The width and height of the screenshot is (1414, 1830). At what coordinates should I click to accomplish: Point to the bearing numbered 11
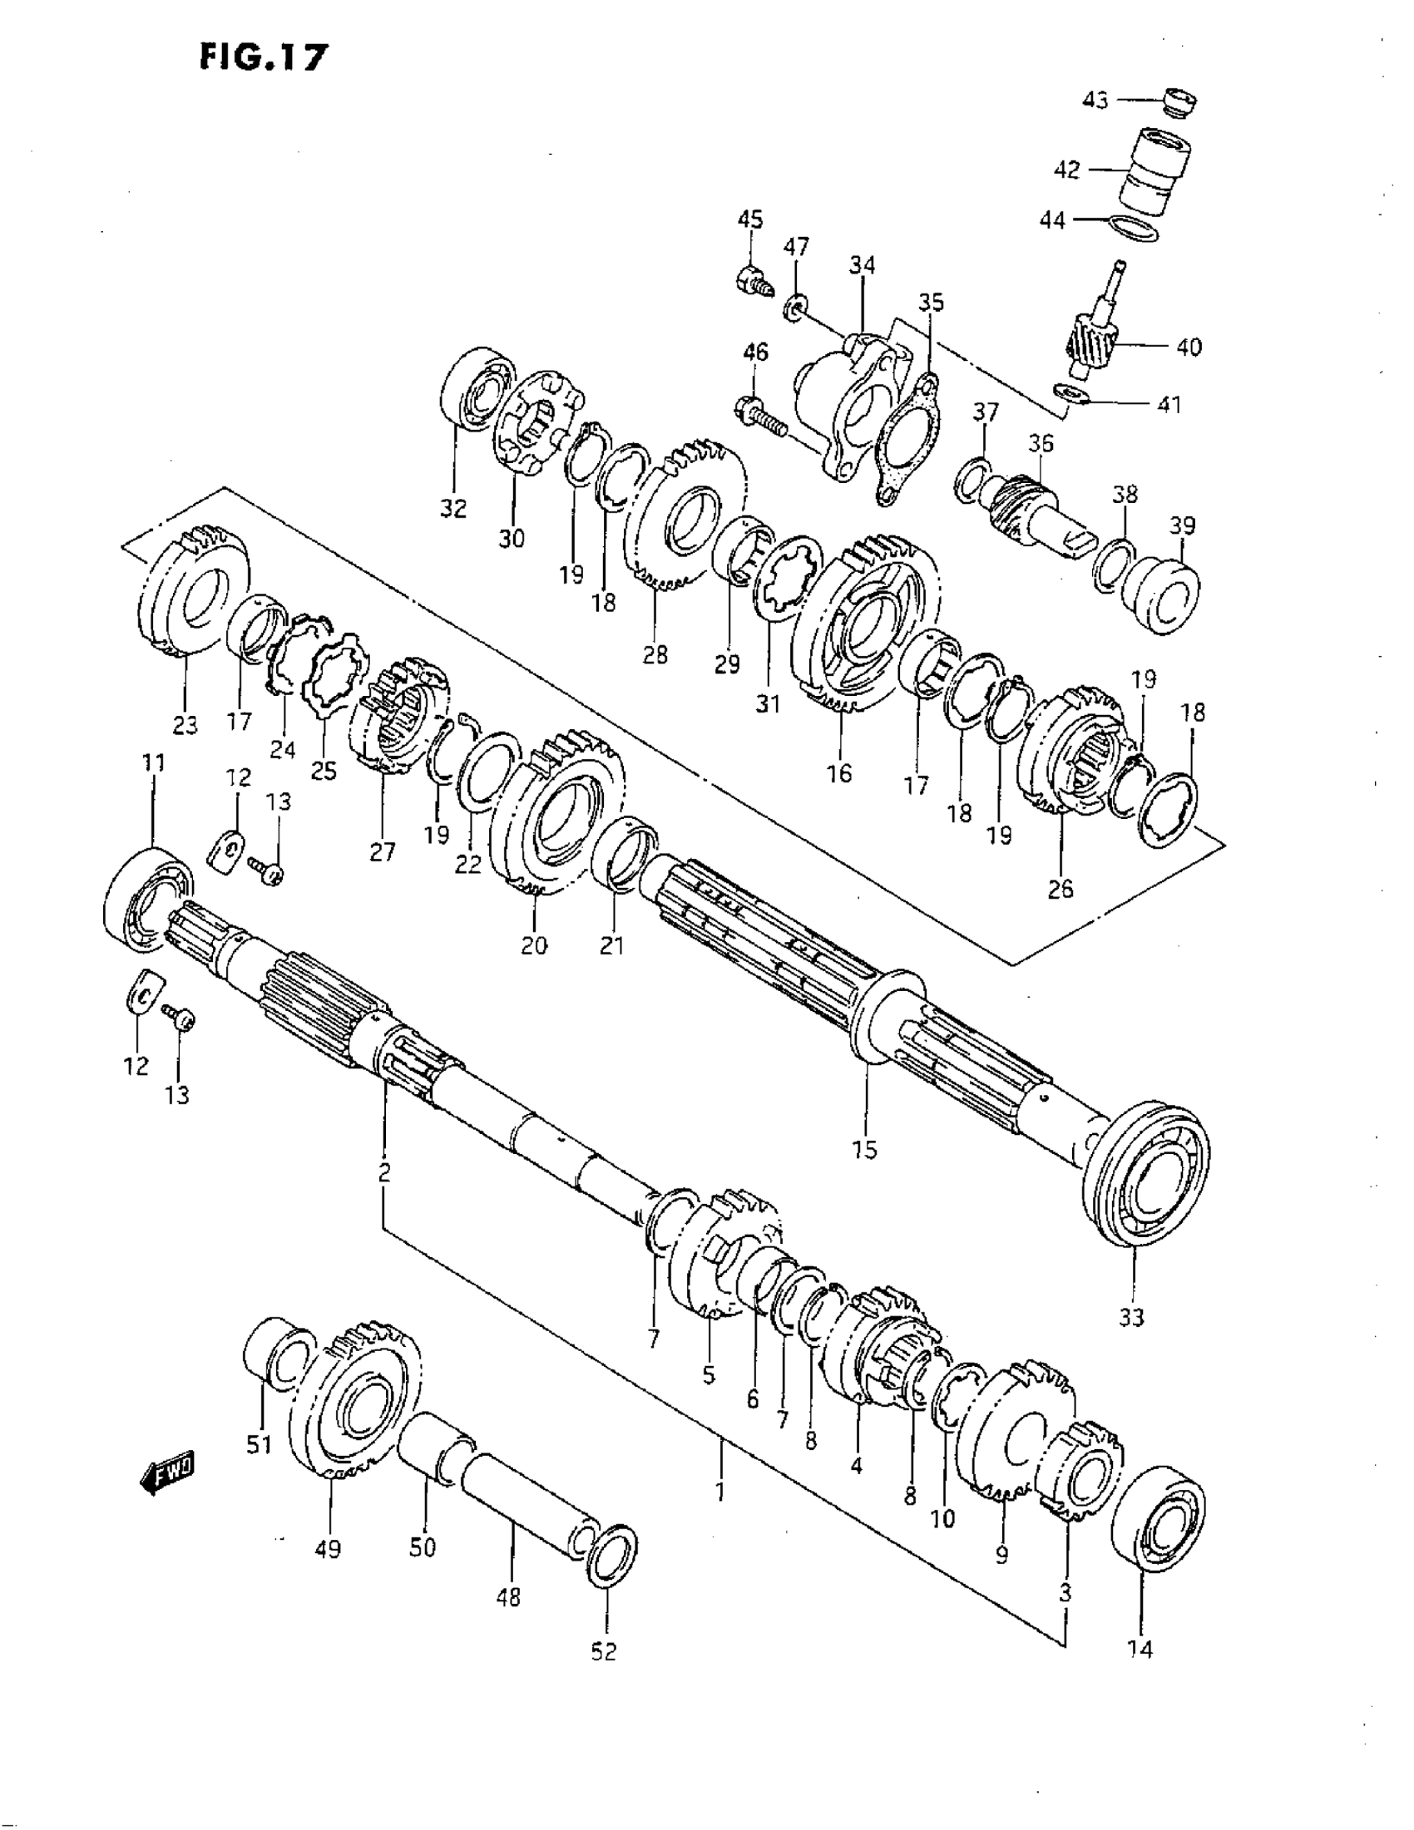pos(147,900)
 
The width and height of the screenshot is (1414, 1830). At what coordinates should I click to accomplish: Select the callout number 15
pos(864,1150)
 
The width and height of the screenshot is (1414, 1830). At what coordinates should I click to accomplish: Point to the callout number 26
pos(1060,889)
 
